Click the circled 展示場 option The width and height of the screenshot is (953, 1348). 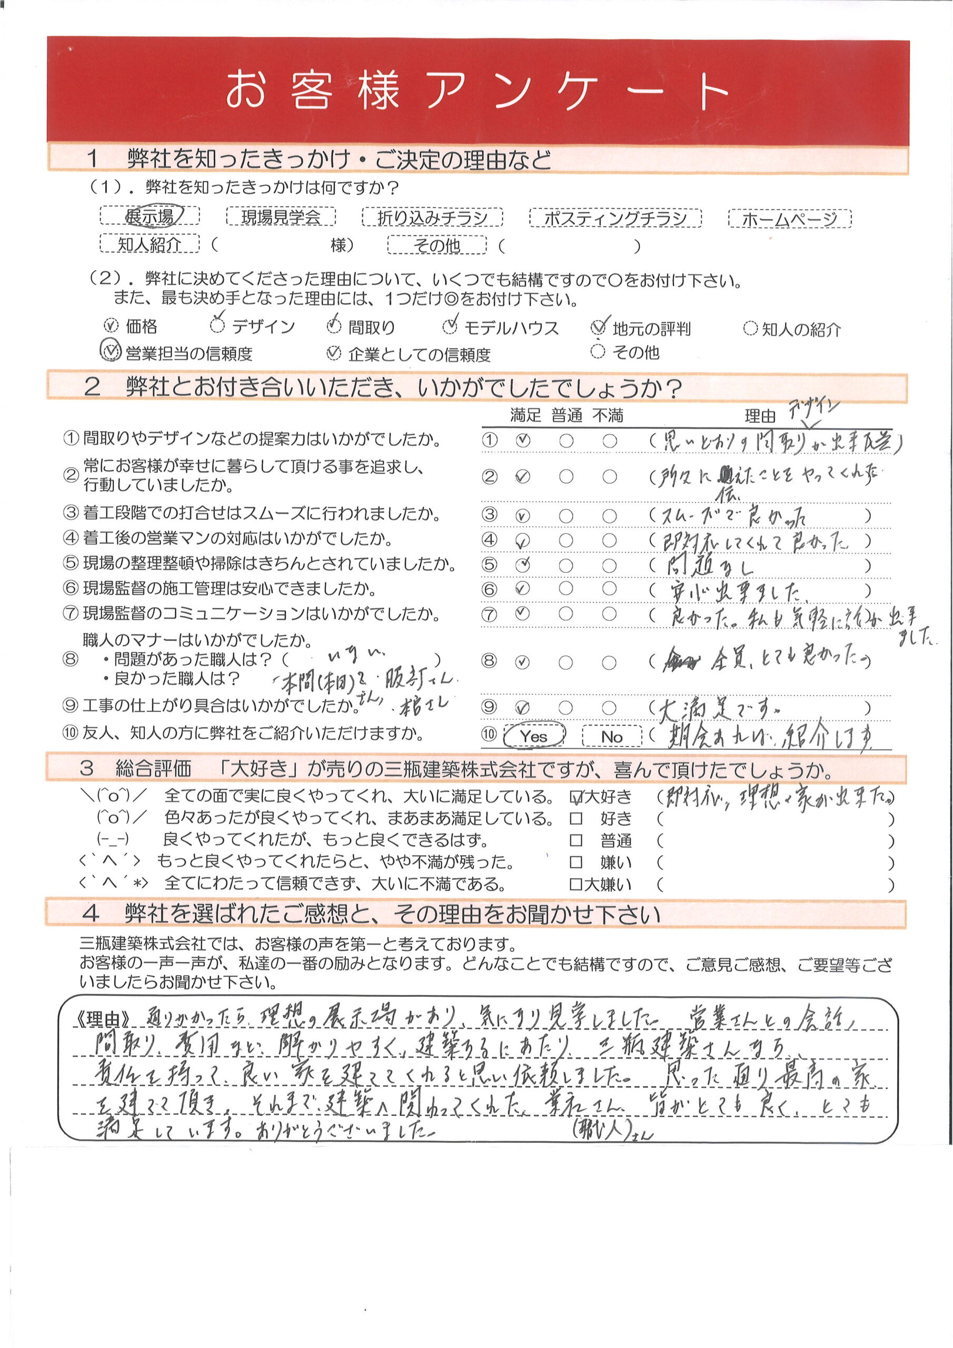pyautogui.click(x=150, y=216)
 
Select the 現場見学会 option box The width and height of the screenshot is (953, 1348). pyautogui.click(x=281, y=216)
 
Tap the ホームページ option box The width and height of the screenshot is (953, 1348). pyautogui.click(x=789, y=219)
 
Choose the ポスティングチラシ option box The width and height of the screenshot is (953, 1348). pyautogui.click(x=616, y=218)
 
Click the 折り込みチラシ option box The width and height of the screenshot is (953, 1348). pyautogui.click(x=432, y=217)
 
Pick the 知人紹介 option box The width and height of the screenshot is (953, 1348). pyautogui.click(x=150, y=244)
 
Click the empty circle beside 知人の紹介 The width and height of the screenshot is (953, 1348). pyautogui.click(x=750, y=328)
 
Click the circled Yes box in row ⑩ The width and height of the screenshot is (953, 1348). pyautogui.click(x=533, y=736)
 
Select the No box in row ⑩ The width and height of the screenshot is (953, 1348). pyautogui.click(x=612, y=736)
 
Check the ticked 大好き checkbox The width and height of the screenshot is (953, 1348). pyautogui.click(x=577, y=797)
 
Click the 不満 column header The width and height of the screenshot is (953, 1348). pyautogui.click(x=608, y=415)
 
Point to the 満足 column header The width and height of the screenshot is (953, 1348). pyautogui.click(x=525, y=415)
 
